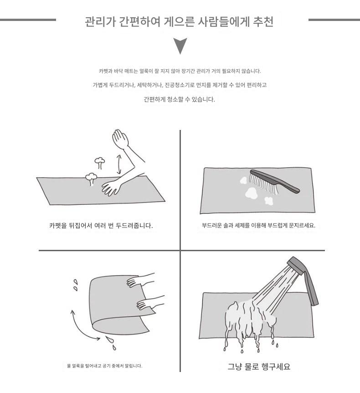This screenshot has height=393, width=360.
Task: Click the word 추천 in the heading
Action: pos(263,22)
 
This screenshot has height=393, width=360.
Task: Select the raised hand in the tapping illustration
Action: pos(120,139)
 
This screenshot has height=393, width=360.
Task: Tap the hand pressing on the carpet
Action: pos(111,187)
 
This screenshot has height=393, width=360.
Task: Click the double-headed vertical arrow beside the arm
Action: pos(119,165)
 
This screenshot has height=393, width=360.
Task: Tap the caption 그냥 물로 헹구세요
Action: pos(259,366)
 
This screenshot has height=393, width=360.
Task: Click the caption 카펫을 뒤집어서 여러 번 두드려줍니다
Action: pos(101,226)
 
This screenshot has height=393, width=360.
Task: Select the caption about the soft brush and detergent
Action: pos(258,225)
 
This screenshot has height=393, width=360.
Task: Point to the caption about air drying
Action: pos(104,366)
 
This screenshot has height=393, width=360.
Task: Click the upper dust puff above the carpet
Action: pos(100,163)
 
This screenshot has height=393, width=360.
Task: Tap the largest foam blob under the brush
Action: pos(251,193)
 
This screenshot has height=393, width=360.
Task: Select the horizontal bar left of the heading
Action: pos(28,20)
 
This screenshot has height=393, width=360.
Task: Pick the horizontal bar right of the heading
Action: pos(334,20)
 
